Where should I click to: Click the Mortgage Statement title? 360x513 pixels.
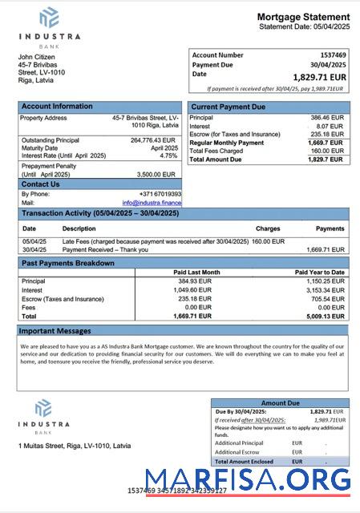coord(303,17)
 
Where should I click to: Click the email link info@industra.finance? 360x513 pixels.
coord(152,203)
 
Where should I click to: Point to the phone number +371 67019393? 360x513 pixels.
coord(158,194)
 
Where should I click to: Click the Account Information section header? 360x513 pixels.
coord(57,106)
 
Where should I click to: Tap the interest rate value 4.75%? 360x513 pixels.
coord(168,156)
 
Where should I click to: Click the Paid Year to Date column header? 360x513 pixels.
coord(318,272)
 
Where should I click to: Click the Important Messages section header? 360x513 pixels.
coord(55,330)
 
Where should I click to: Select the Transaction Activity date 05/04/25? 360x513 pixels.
coord(34,240)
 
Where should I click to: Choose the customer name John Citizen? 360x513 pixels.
coord(37,56)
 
